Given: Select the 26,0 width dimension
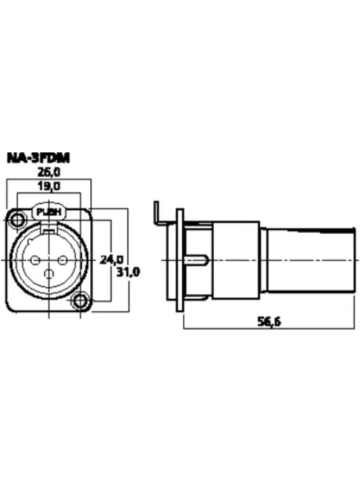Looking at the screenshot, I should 49,172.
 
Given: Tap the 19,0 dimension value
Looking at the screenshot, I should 49,187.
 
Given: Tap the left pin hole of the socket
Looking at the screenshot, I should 34,258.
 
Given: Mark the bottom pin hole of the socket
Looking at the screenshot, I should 49,274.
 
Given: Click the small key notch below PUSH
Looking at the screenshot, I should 49,230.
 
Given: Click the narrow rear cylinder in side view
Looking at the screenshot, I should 311,259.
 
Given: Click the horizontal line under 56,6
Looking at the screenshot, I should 269,330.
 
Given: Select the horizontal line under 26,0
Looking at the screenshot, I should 49,179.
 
